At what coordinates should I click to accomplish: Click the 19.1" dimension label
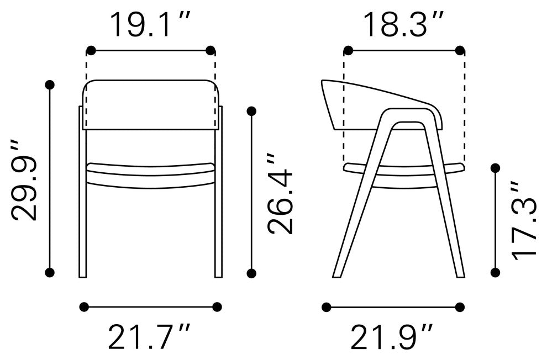tap(150, 24)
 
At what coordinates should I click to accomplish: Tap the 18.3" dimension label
tap(404, 24)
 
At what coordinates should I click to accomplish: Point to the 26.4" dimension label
tap(281, 193)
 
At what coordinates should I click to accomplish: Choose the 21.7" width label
tap(150, 337)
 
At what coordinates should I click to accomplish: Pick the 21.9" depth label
tap(392, 337)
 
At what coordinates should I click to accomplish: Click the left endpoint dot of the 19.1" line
tap(91, 51)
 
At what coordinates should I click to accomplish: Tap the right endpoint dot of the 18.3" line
tap(460, 51)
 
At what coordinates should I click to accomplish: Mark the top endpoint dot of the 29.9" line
tap(50, 84)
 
